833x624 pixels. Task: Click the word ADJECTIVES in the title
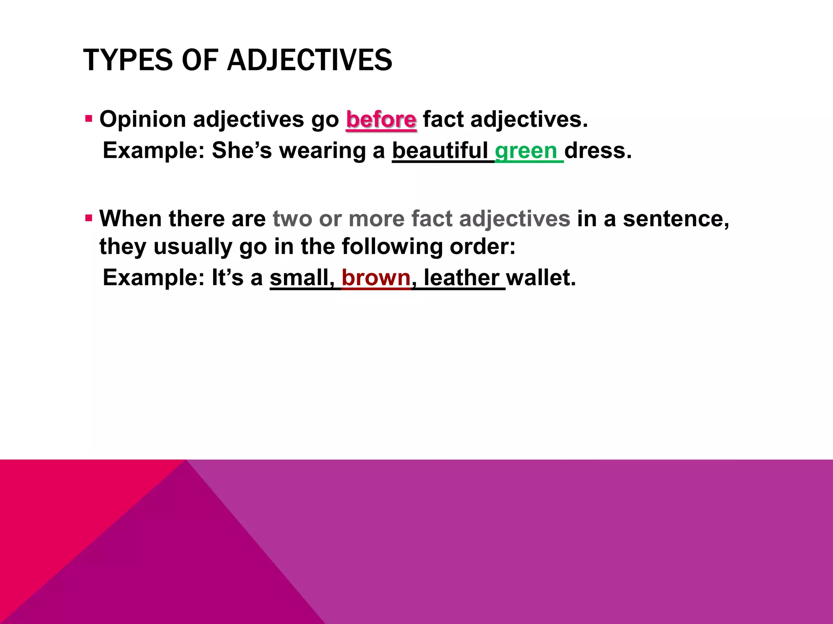pyautogui.click(x=310, y=60)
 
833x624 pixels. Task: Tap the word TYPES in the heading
pyautogui.click(x=128, y=60)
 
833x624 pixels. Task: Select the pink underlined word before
pyautogui.click(x=381, y=119)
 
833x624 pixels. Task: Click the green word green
pyautogui.click(x=526, y=151)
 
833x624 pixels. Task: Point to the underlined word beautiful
pyautogui.click(x=440, y=151)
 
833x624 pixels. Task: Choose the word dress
pyautogui.click(x=598, y=151)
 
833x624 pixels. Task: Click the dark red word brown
pyautogui.click(x=376, y=278)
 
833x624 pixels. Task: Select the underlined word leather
pyautogui.click(x=462, y=278)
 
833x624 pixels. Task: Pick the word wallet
pyautogui.click(x=541, y=278)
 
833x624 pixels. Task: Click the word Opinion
pyautogui.click(x=143, y=120)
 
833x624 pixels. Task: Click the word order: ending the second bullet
pyautogui.click(x=482, y=247)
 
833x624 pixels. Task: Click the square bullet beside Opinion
pyautogui.click(x=89, y=119)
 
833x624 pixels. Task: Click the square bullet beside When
pyautogui.click(x=89, y=218)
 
